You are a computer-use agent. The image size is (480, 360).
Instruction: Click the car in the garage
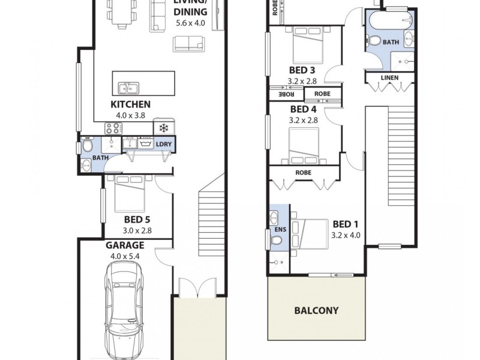[125, 312]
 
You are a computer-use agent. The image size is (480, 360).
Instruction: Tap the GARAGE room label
[125, 245]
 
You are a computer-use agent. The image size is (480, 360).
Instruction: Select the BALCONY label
[316, 311]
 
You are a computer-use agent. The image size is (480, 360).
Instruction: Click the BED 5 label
[137, 219]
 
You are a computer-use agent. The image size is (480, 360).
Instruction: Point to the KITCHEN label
[130, 104]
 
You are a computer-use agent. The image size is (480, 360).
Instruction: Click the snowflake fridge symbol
[163, 127]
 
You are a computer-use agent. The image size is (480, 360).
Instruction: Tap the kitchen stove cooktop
[113, 127]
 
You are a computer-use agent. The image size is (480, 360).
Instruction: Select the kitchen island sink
[128, 89]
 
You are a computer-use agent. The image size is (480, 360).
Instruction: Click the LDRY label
[163, 144]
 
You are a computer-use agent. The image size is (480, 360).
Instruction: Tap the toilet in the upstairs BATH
[375, 41]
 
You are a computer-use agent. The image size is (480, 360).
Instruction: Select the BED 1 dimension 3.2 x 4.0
[346, 235]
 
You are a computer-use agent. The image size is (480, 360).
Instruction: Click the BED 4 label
[303, 110]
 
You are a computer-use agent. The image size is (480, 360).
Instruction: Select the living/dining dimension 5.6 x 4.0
[191, 23]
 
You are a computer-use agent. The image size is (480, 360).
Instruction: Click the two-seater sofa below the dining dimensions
[188, 43]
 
